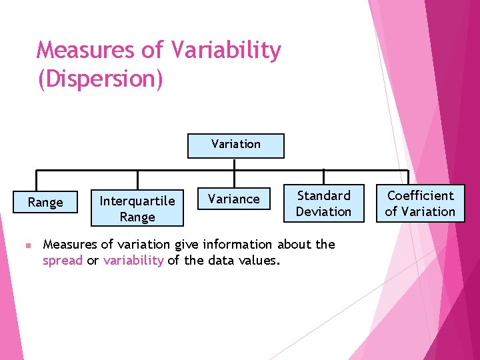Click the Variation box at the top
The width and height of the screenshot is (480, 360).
click(235, 145)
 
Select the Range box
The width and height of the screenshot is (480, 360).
click(45, 202)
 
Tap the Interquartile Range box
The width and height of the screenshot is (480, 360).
click(137, 209)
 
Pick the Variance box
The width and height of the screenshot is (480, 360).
click(234, 199)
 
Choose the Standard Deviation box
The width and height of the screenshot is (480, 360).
click(323, 203)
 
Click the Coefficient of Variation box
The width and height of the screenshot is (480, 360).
click(420, 203)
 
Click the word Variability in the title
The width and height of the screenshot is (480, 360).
click(226, 50)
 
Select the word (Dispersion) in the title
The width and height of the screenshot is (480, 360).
click(100, 79)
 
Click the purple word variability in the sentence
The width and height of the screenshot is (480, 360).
click(133, 261)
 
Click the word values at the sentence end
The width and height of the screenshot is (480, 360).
click(257, 261)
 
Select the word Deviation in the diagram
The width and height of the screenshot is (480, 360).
click(323, 211)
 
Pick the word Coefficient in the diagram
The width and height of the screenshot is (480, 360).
click(420, 195)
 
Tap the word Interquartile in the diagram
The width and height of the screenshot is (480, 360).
click(137, 201)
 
